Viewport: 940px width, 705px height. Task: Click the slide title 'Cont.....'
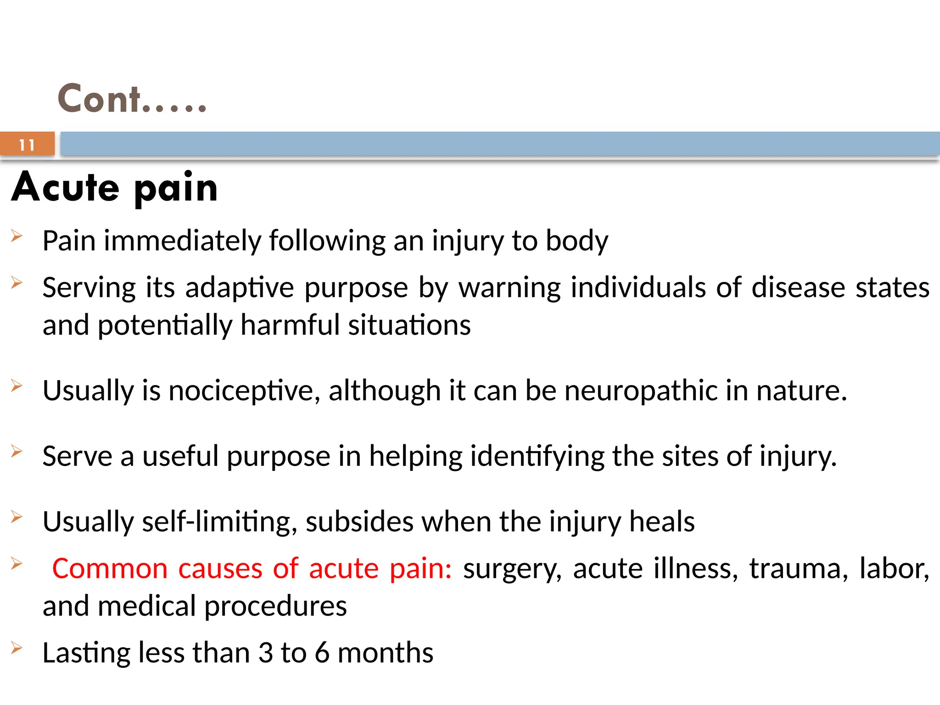[x=132, y=99]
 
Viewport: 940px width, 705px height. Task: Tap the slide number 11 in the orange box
[x=27, y=145]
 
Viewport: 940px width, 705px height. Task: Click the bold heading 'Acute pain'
[x=115, y=188]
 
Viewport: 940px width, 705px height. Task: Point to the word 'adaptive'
[x=239, y=288]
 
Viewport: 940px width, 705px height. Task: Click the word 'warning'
[x=509, y=288]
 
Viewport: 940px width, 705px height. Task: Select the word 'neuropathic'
[x=641, y=391]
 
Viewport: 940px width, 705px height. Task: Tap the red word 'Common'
[x=110, y=569]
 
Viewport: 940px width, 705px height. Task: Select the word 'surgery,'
[x=512, y=570]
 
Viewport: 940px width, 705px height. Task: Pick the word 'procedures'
[x=275, y=607]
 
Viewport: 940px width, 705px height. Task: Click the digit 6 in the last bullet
[x=322, y=653]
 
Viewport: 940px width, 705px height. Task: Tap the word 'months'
[x=385, y=653]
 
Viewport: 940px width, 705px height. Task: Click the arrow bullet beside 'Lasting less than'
[x=17, y=648]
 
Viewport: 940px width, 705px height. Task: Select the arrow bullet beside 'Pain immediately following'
[x=17, y=236]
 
